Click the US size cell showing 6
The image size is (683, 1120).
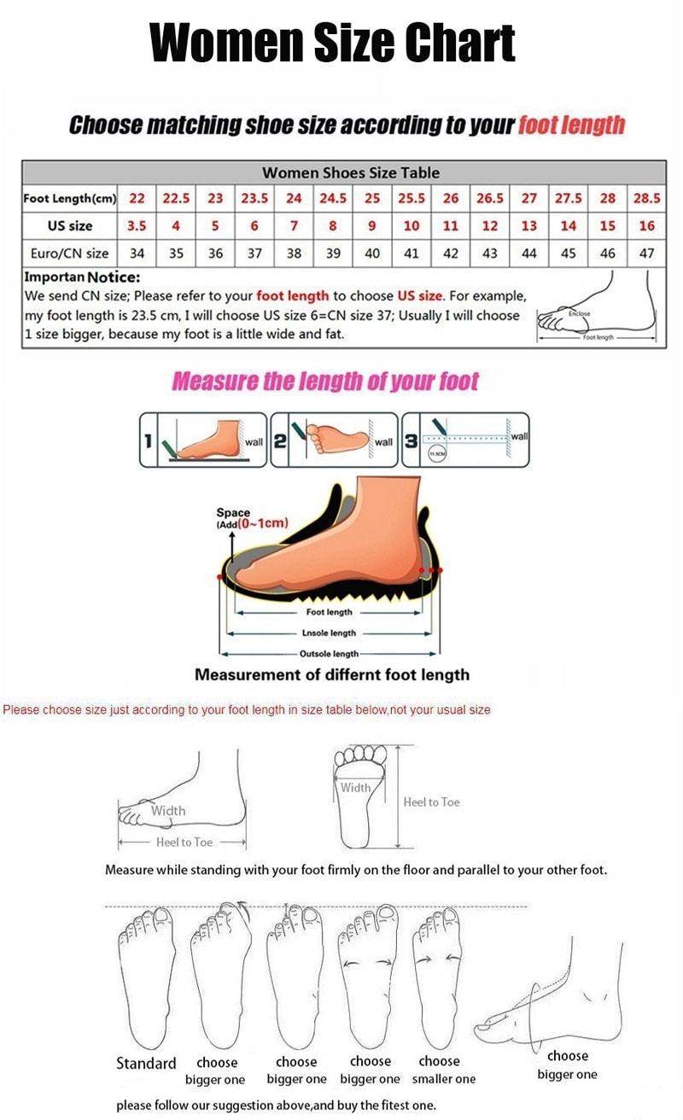254,226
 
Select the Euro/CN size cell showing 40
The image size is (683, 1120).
372,254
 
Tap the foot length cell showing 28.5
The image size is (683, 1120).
646,198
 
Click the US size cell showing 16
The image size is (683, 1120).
646,226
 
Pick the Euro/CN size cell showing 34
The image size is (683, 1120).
137,254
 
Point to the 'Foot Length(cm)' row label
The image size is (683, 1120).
69,198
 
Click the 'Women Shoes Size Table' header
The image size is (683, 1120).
351,172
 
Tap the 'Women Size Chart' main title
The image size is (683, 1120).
333,42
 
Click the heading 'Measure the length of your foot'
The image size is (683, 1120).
325,382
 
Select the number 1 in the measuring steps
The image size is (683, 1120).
149,440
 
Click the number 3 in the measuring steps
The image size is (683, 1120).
411,440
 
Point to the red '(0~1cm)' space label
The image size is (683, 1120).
263,523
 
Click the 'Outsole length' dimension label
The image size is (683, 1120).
329,654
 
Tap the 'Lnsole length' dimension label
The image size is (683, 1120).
329,633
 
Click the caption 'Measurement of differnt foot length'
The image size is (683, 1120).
332,675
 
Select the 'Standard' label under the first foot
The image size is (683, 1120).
146,1064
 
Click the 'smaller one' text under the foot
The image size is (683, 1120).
444,1080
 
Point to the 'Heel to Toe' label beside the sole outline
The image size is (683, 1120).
431,802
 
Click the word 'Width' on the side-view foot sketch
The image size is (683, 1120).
167,811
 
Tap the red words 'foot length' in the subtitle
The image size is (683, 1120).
571,125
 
